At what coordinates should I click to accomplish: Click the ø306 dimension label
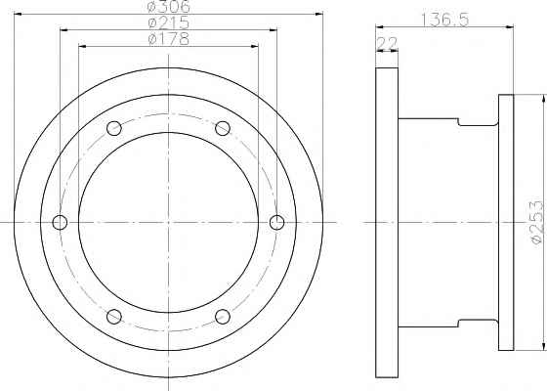(x=169, y=6)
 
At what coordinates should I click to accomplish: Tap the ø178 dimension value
(x=169, y=39)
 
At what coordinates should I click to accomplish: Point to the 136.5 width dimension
(x=444, y=20)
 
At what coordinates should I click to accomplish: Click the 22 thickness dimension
(x=387, y=44)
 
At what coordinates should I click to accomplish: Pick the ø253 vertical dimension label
(x=537, y=222)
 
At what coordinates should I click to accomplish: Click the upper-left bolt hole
(x=114, y=128)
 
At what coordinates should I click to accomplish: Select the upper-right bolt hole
(x=223, y=128)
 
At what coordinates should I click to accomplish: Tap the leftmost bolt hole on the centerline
(x=60, y=223)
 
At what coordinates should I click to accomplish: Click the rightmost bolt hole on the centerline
(x=277, y=223)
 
